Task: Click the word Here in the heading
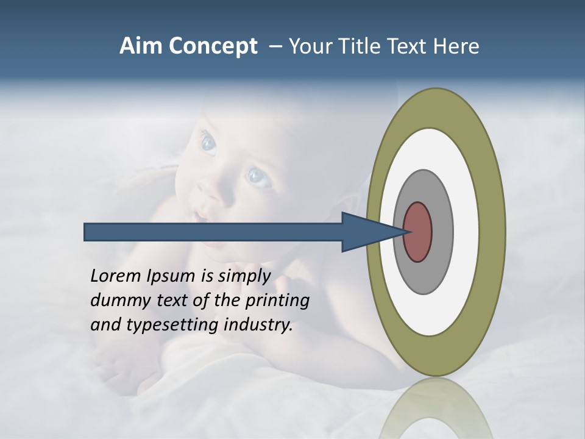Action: point(456,46)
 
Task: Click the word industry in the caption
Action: point(258,325)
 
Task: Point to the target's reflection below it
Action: point(436,409)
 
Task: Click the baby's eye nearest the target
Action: point(258,177)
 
